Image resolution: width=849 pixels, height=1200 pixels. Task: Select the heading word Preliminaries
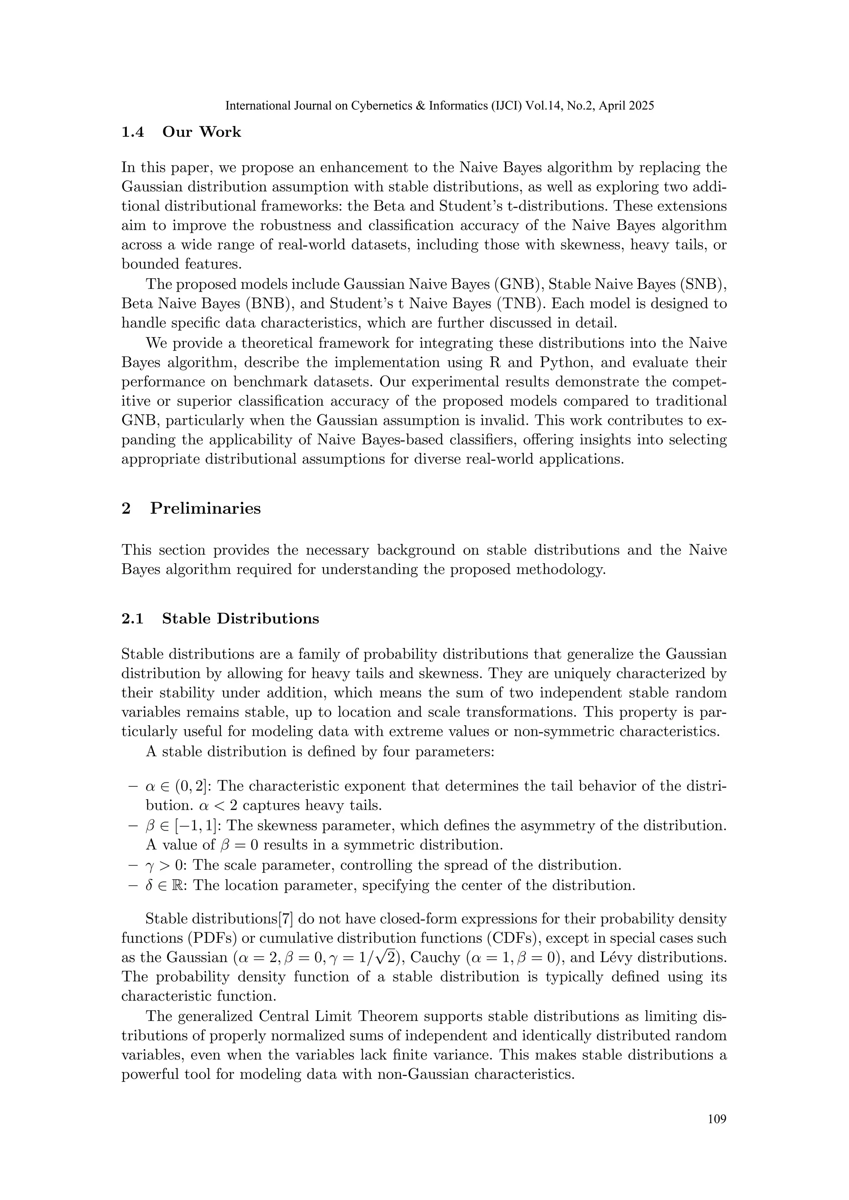[x=206, y=508]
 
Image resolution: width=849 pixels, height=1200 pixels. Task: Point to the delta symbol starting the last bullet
[x=148, y=885]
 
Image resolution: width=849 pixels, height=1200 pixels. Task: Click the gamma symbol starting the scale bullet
[x=148, y=866]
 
